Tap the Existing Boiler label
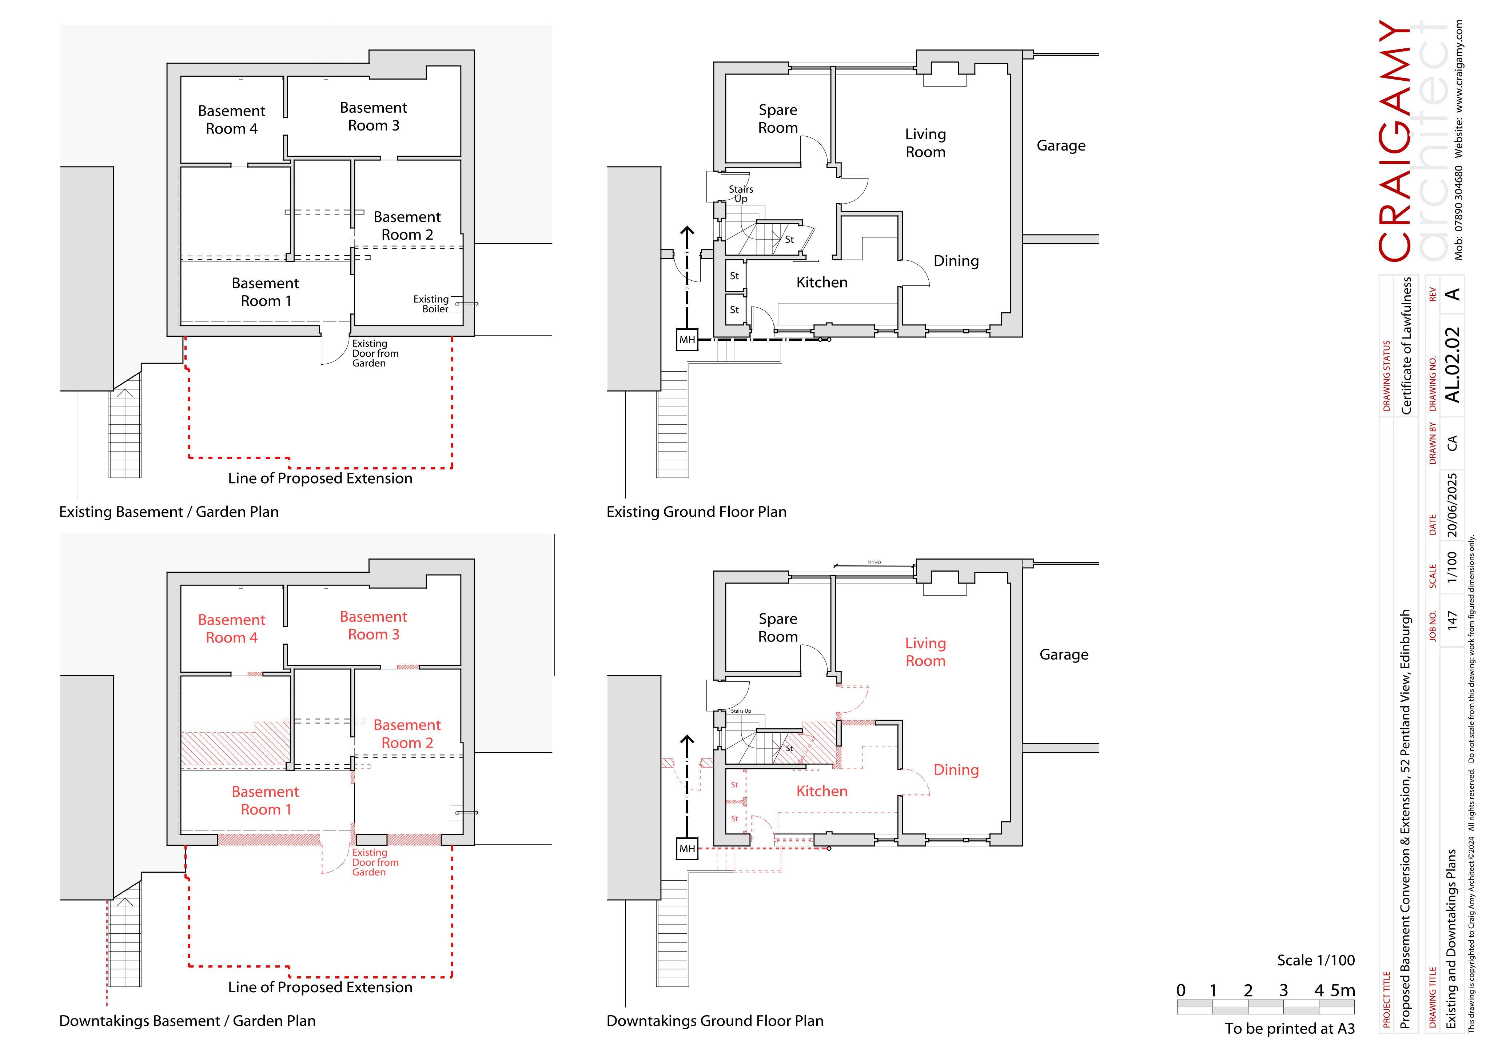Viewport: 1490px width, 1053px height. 431,304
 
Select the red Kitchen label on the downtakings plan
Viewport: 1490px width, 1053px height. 822,791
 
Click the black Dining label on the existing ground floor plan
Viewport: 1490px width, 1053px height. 956,261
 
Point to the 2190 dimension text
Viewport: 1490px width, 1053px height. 874,562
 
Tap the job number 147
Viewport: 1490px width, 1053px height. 1453,620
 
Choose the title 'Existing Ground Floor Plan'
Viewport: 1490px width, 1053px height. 696,512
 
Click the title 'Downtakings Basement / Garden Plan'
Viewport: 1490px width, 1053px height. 187,1021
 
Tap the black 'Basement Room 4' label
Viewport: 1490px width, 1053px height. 232,120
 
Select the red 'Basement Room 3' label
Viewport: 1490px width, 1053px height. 374,625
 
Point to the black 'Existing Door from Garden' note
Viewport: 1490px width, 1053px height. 375,353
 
